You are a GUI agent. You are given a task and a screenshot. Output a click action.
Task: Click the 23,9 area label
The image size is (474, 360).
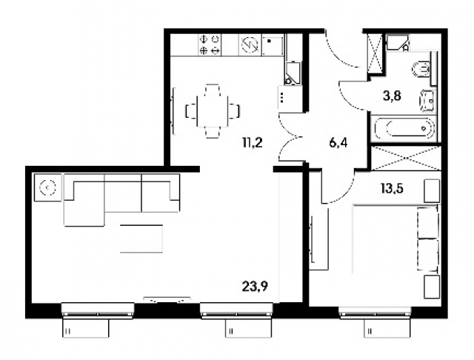pyautogui.click(x=255, y=286)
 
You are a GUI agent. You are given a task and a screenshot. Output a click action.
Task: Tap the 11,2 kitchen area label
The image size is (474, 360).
pyautogui.click(x=252, y=142)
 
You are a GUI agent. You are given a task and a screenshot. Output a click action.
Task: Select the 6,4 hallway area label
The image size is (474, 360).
pyautogui.click(x=338, y=142)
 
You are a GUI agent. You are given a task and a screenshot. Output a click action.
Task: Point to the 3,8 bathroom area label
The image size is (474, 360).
pyautogui.click(x=392, y=96)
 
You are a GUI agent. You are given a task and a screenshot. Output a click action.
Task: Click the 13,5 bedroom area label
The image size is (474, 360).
pyautogui.click(x=392, y=189)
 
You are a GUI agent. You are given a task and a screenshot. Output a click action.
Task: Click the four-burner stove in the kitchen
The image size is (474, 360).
pyautogui.click(x=210, y=44)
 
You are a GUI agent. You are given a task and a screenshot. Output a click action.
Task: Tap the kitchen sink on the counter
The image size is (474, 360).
pyautogui.click(x=273, y=44)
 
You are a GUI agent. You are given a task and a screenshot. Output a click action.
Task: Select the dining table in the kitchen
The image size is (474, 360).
pyautogui.click(x=213, y=111)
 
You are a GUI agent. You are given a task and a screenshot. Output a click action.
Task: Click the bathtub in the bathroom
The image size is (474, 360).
pyautogui.click(x=404, y=128)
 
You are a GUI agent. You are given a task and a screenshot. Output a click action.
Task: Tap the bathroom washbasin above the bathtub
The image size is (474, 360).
pyautogui.click(x=427, y=101)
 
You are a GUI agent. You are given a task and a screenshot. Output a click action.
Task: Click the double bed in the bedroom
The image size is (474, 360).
pyautogui.click(x=395, y=239)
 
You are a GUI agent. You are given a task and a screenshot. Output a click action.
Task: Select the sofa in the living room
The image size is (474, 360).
pyautogui.click(x=121, y=200)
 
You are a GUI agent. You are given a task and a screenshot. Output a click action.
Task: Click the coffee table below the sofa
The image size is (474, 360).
pyautogui.click(x=141, y=239)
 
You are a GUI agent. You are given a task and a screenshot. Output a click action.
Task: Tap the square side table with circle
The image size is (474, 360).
pyautogui.click(x=47, y=187)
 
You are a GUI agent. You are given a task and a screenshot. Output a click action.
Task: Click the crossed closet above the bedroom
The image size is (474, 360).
pyautogui.click(x=406, y=158)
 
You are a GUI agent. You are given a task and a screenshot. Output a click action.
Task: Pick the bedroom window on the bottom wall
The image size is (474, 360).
pyautogui.click(x=375, y=313)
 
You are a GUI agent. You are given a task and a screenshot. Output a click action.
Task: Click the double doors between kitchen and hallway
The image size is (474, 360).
pyautogui.click(x=290, y=136)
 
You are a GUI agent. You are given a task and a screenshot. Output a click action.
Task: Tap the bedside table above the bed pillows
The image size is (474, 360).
pyautogui.click(x=432, y=191)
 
